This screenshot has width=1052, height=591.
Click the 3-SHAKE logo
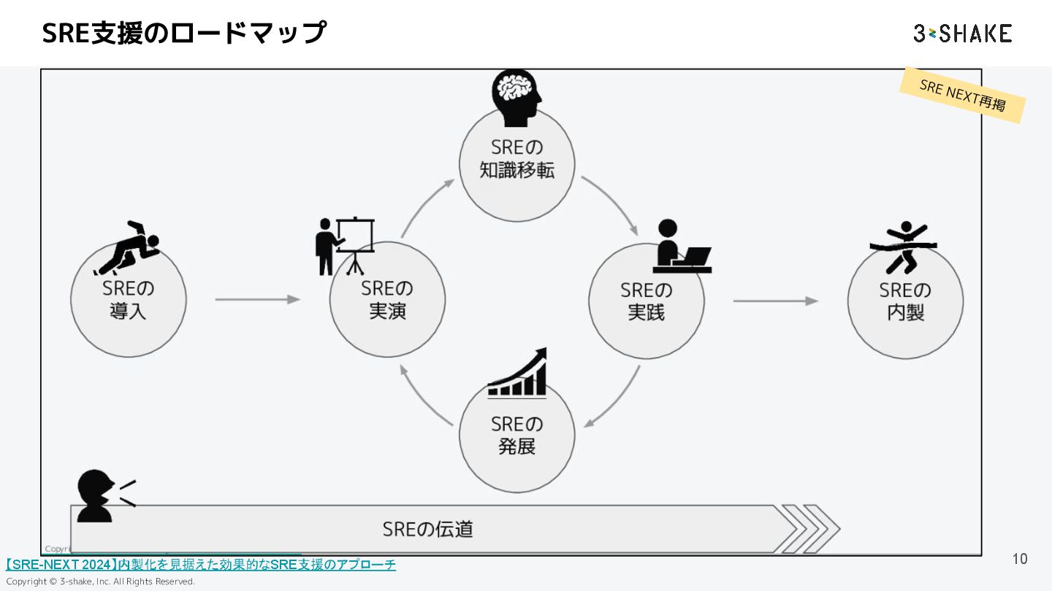962,34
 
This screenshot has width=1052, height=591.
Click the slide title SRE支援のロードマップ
184,33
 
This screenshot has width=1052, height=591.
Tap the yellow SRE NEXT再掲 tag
962,96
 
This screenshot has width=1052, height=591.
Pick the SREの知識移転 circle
517,164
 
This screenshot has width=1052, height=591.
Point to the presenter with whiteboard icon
345,244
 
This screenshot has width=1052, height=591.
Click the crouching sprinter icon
130,245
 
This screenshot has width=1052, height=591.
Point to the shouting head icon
102,495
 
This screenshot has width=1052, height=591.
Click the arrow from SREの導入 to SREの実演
258,299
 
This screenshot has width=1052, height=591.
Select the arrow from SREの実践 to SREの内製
775,301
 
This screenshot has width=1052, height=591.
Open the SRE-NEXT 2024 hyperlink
201,565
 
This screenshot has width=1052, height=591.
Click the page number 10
1020,559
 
